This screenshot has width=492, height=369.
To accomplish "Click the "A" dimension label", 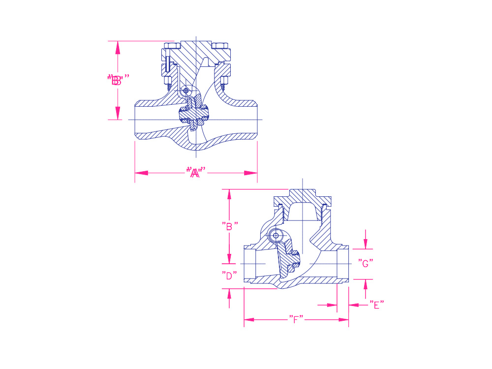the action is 195,172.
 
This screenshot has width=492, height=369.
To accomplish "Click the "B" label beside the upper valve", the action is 118,80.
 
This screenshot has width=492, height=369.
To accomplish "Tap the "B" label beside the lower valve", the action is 230,226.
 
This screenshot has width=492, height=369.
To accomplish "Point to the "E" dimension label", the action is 376,305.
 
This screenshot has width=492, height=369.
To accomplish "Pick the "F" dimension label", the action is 296,319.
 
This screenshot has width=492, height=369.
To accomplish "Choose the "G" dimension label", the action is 366,263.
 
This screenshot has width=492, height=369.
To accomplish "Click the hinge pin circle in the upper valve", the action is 186,91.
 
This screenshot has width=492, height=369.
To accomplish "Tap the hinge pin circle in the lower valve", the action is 276,236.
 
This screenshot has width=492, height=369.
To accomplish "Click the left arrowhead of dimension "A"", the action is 141,173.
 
